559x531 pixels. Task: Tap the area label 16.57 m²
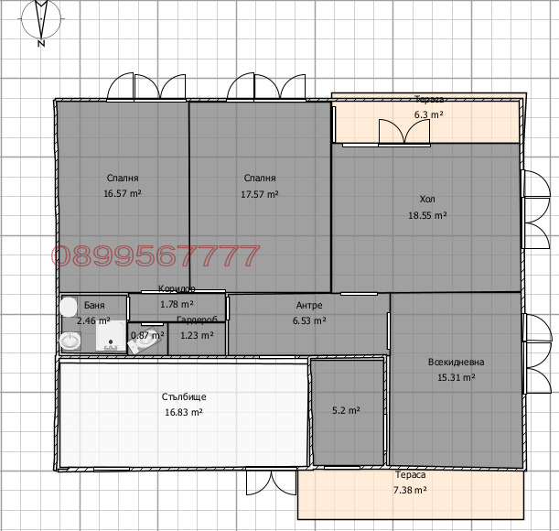pyautogui.click(x=123, y=194)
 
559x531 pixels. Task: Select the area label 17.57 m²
pyautogui.click(x=260, y=194)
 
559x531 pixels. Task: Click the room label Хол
pyautogui.click(x=427, y=199)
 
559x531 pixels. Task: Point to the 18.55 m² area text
pyautogui.click(x=427, y=215)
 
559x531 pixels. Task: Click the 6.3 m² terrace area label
pyautogui.click(x=428, y=115)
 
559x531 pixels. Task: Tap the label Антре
pyautogui.click(x=309, y=306)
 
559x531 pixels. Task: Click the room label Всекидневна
pyautogui.click(x=457, y=362)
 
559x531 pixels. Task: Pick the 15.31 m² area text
pyautogui.click(x=457, y=377)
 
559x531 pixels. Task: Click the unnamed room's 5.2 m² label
pyautogui.click(x=346, y=411)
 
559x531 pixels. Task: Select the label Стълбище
pyautogui.click(x=184, y=396)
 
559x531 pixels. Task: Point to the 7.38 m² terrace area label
pyautogui.click(x=411, y=491)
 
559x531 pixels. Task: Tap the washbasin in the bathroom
pyautogui.click(x=70, y=341)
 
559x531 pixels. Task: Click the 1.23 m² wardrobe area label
pyautogui.click(x=197, y=335)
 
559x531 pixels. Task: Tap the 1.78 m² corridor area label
pyautogui.click(x=177, y=304)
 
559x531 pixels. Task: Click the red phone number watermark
pyautogui.click(x=156, y=256)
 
